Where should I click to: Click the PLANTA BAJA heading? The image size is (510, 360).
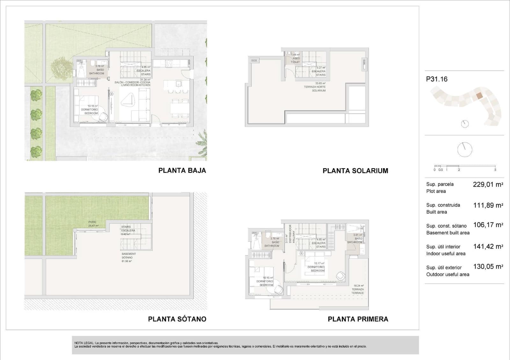pyautogui.click(x=182, y=170)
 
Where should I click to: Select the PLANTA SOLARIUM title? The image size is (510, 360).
pyautogui.click(x=355, y=171)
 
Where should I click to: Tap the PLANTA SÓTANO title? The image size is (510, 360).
pyautogui.click(x=177, y=319)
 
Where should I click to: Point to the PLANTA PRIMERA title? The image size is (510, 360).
pyautogui.click(x=358, y=319)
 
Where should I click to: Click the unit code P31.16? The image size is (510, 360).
pyautogui.click(x=436, y=79)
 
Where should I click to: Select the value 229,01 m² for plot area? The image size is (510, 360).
pyautogui.click(x=488, y=184)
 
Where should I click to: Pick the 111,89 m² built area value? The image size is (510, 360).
pyautogui.click(x=488, y=205)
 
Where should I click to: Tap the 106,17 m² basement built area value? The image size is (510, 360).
pyautogui.click(x=488, y=225)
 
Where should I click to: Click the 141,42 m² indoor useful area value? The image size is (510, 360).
pyautogui.click(x=488, y=246)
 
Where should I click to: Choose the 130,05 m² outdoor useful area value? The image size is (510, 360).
pyautogui.click(x=488, y=267)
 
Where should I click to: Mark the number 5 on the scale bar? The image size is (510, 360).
pyautogui.click(x=495, y=170)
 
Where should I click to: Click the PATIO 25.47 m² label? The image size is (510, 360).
pyautogui.click(x=93, y=224)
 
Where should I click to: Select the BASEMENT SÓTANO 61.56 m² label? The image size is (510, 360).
pyautogui.click(x=127, y=257)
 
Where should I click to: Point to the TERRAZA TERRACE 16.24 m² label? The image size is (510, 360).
pyautogui.click(x=358, y=289)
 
